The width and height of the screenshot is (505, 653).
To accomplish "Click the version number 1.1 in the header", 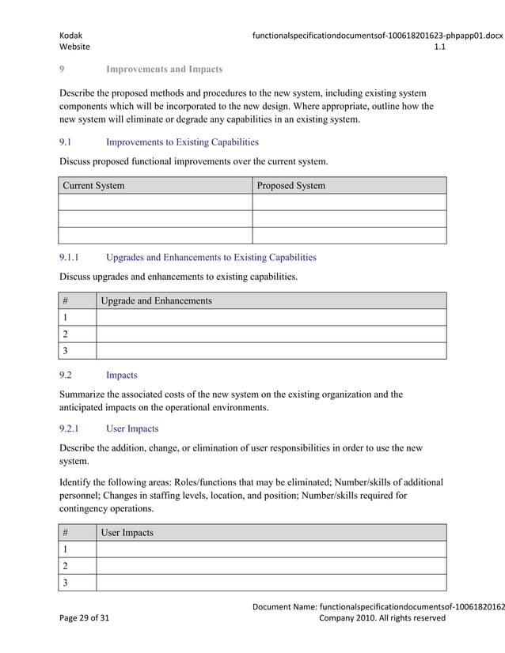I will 440,47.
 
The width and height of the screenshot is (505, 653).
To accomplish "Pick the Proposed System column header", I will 291,186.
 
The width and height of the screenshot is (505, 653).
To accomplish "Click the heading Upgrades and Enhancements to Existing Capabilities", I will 211,257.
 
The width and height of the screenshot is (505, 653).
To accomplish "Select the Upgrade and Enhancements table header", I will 157,301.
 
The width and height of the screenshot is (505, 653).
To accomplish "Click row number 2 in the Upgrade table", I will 66,334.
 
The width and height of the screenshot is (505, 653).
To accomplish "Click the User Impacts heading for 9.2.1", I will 131,428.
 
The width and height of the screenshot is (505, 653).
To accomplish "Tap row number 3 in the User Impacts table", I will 66,583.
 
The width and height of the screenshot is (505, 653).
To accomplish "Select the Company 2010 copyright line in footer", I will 382,618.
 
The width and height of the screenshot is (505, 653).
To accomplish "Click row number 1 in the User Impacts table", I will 66,549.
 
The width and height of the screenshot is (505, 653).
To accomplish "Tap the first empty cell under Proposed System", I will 349,202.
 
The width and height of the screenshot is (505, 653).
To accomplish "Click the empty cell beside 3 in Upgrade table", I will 271,351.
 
